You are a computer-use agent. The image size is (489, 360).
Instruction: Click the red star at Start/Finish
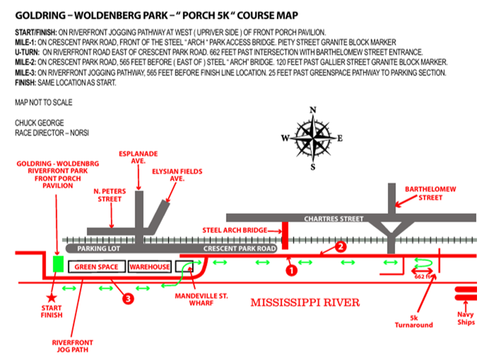pos(52,298)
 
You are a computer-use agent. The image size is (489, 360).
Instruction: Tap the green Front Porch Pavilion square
pos(59,264)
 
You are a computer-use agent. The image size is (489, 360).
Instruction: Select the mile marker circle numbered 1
pos(292,270)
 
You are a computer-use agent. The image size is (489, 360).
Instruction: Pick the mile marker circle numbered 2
pos(341,247)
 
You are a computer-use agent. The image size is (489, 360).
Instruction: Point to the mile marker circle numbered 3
pos(128,298)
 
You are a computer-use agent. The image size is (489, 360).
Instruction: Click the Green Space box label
pos(96,267)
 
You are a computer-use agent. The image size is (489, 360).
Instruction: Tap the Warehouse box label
pos(150,267)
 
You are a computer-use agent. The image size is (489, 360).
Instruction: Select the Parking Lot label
pos(98,249)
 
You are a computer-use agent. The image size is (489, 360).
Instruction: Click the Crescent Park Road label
pos(240,249)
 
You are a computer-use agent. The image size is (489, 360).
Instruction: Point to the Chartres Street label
pos(334,219)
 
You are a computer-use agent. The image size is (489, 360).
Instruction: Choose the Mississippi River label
pos(305,302)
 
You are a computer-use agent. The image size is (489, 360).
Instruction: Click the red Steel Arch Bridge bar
pos(285,236)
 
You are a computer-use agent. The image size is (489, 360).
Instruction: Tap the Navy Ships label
pos(466,318)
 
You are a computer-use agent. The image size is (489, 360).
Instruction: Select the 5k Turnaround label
pos(414,322)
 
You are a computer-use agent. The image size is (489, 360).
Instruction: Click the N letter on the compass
pos(313,110)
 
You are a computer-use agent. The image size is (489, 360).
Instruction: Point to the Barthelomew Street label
pos(430,193)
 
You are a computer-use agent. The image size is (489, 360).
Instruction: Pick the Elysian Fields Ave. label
pos(177,175)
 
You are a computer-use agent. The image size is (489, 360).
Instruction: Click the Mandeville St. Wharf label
pos(201,299)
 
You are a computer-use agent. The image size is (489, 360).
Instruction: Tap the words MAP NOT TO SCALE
pos(44,103)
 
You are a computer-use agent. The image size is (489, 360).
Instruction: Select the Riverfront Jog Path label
pos(72,346)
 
